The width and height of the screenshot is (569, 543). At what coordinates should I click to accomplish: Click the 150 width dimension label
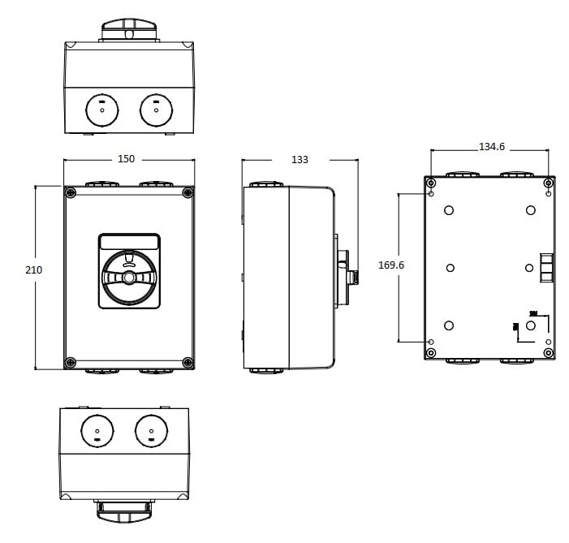[x=126, y=159]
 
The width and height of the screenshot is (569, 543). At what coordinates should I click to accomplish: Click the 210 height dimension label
[x=33, y=269]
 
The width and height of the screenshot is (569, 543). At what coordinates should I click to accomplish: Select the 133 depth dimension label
[x=300, y=160]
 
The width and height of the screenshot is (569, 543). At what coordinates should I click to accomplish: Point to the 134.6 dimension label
[x=492, y=147]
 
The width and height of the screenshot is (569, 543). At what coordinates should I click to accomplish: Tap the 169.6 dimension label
[x=392, y=265]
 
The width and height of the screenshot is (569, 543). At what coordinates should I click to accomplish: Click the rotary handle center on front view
[x=129, y=278]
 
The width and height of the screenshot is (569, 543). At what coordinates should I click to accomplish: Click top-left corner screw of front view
[x=71, y=192]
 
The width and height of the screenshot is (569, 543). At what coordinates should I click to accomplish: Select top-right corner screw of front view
[x=188, y=192]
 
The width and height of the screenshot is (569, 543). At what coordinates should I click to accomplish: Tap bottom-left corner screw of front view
[x=71, y=362]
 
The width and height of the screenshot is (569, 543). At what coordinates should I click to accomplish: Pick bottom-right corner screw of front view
[x=188, y=362]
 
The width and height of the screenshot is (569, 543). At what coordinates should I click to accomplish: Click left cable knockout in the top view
[x=102, y=110]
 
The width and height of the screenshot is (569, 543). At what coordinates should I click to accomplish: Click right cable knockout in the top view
[x=156, y=110]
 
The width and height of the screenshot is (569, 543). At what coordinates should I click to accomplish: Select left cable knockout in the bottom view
[x=97, y=430]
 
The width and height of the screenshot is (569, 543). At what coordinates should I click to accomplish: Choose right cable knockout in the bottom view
[x=151, y=430]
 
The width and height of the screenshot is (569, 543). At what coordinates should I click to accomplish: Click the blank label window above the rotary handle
[x=129, y=242]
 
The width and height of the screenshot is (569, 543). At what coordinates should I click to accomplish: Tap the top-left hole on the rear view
[x=449, y=210]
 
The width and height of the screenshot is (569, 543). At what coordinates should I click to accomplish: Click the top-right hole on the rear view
[x=530, y=210]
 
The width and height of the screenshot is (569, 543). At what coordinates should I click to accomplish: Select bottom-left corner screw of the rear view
[x=431, y=353]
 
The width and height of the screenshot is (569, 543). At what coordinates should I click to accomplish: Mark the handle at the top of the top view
[x=128, y=31]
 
